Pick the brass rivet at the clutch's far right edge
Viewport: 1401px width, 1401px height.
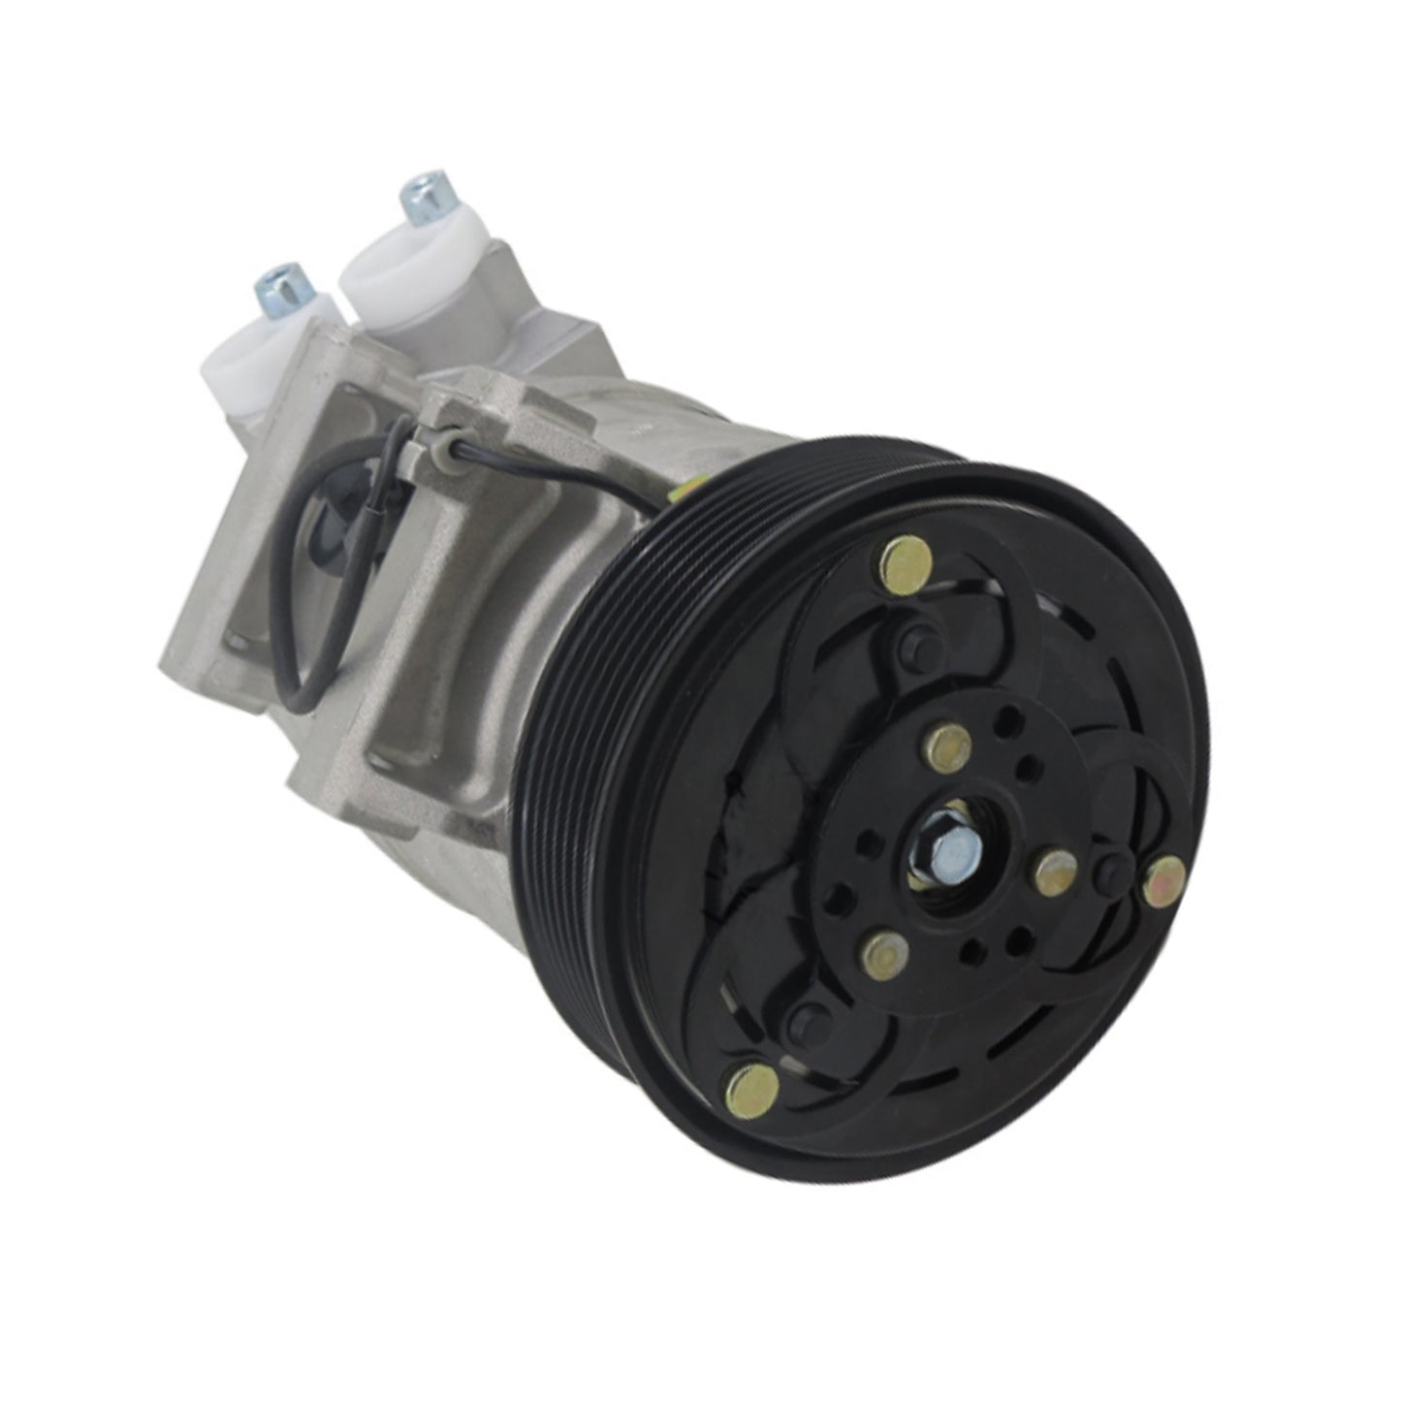click(1164, 879)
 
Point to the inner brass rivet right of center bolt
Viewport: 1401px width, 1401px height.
click(1055, 875)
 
